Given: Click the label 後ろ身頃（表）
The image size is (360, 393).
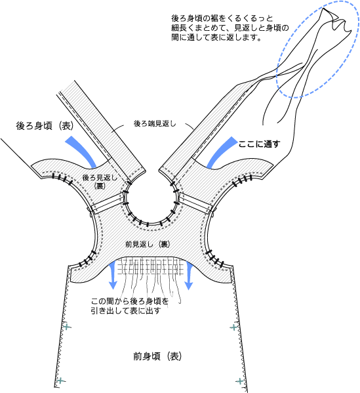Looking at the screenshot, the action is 45,125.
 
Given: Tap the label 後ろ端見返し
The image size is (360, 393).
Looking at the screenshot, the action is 155,123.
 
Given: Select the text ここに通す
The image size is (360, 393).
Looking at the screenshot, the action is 259,144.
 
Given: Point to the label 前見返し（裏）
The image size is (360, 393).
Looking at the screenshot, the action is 148,244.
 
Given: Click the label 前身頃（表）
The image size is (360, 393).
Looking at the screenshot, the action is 157,356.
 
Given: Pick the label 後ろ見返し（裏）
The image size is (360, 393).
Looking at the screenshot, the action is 100,182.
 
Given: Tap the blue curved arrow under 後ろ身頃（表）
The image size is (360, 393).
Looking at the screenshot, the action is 81,151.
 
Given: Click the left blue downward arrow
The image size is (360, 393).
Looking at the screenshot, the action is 113,275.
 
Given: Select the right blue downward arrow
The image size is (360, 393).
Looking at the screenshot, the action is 188,275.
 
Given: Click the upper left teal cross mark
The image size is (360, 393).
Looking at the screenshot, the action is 67,327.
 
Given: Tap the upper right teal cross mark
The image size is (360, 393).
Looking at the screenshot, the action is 233,327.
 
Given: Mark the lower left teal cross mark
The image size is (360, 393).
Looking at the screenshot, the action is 61,381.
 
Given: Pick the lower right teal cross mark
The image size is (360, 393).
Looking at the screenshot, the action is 240,381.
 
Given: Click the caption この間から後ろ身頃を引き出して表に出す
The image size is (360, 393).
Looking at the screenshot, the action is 130,306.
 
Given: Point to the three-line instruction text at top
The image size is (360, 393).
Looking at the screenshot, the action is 230,28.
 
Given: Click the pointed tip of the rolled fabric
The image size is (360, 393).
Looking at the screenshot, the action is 324,9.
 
